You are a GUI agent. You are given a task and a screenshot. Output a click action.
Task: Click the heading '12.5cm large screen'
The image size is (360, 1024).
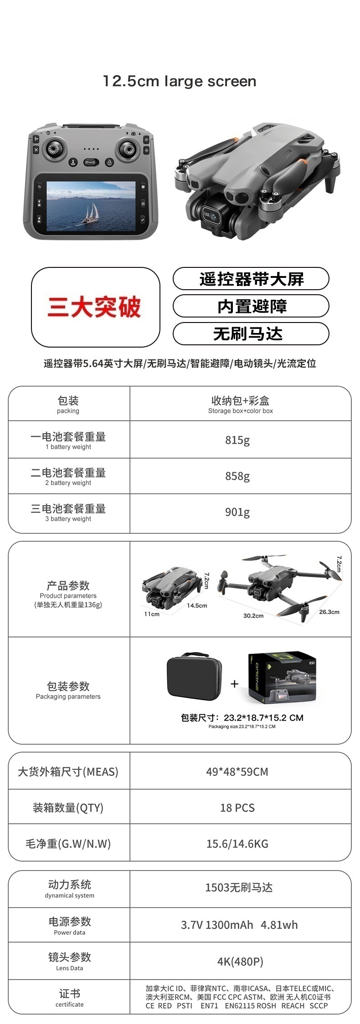[x=180, y=82]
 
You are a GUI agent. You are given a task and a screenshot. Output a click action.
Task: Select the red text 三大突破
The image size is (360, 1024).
[x=94, y=307]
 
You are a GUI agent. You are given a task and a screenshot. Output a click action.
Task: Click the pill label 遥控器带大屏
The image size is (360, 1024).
[x=251, y=279]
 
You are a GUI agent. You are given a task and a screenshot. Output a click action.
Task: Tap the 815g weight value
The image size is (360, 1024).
[x=237, y=440]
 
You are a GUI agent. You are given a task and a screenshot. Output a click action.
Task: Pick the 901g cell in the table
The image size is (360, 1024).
[x=237, y=512]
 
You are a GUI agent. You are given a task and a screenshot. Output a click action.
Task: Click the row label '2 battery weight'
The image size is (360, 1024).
[x=68, y=483]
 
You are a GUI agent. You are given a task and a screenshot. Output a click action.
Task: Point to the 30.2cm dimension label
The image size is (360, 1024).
[x=253, y=616]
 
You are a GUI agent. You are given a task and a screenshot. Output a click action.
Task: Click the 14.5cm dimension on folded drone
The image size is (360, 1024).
[x=197, y=605]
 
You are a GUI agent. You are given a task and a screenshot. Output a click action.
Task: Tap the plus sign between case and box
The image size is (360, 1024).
[x=235, y=684]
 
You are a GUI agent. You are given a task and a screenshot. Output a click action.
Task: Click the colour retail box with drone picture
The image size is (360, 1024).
[x=282, y=677]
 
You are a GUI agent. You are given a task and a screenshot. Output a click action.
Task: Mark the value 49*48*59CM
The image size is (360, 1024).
[x=237, y=772]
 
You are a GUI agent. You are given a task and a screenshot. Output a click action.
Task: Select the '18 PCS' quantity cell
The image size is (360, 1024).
[x=237, y=808]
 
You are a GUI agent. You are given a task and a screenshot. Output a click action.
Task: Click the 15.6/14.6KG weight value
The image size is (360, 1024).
[x=237, y=844]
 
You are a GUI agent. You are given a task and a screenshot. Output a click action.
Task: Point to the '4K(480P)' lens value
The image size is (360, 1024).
[x=240, y=962]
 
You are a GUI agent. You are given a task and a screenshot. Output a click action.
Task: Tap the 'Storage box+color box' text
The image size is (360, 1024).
[x=241, y=411]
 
